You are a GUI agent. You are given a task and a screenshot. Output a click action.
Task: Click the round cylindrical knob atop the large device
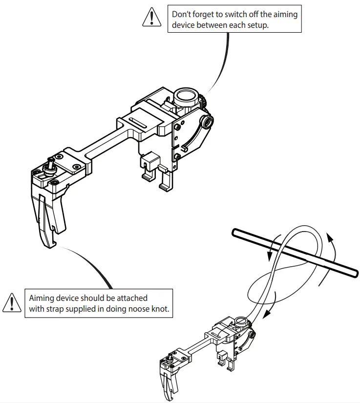(x=187, y=96)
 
